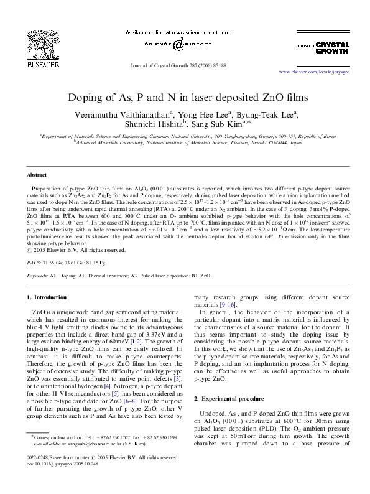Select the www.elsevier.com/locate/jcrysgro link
point(308,73)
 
